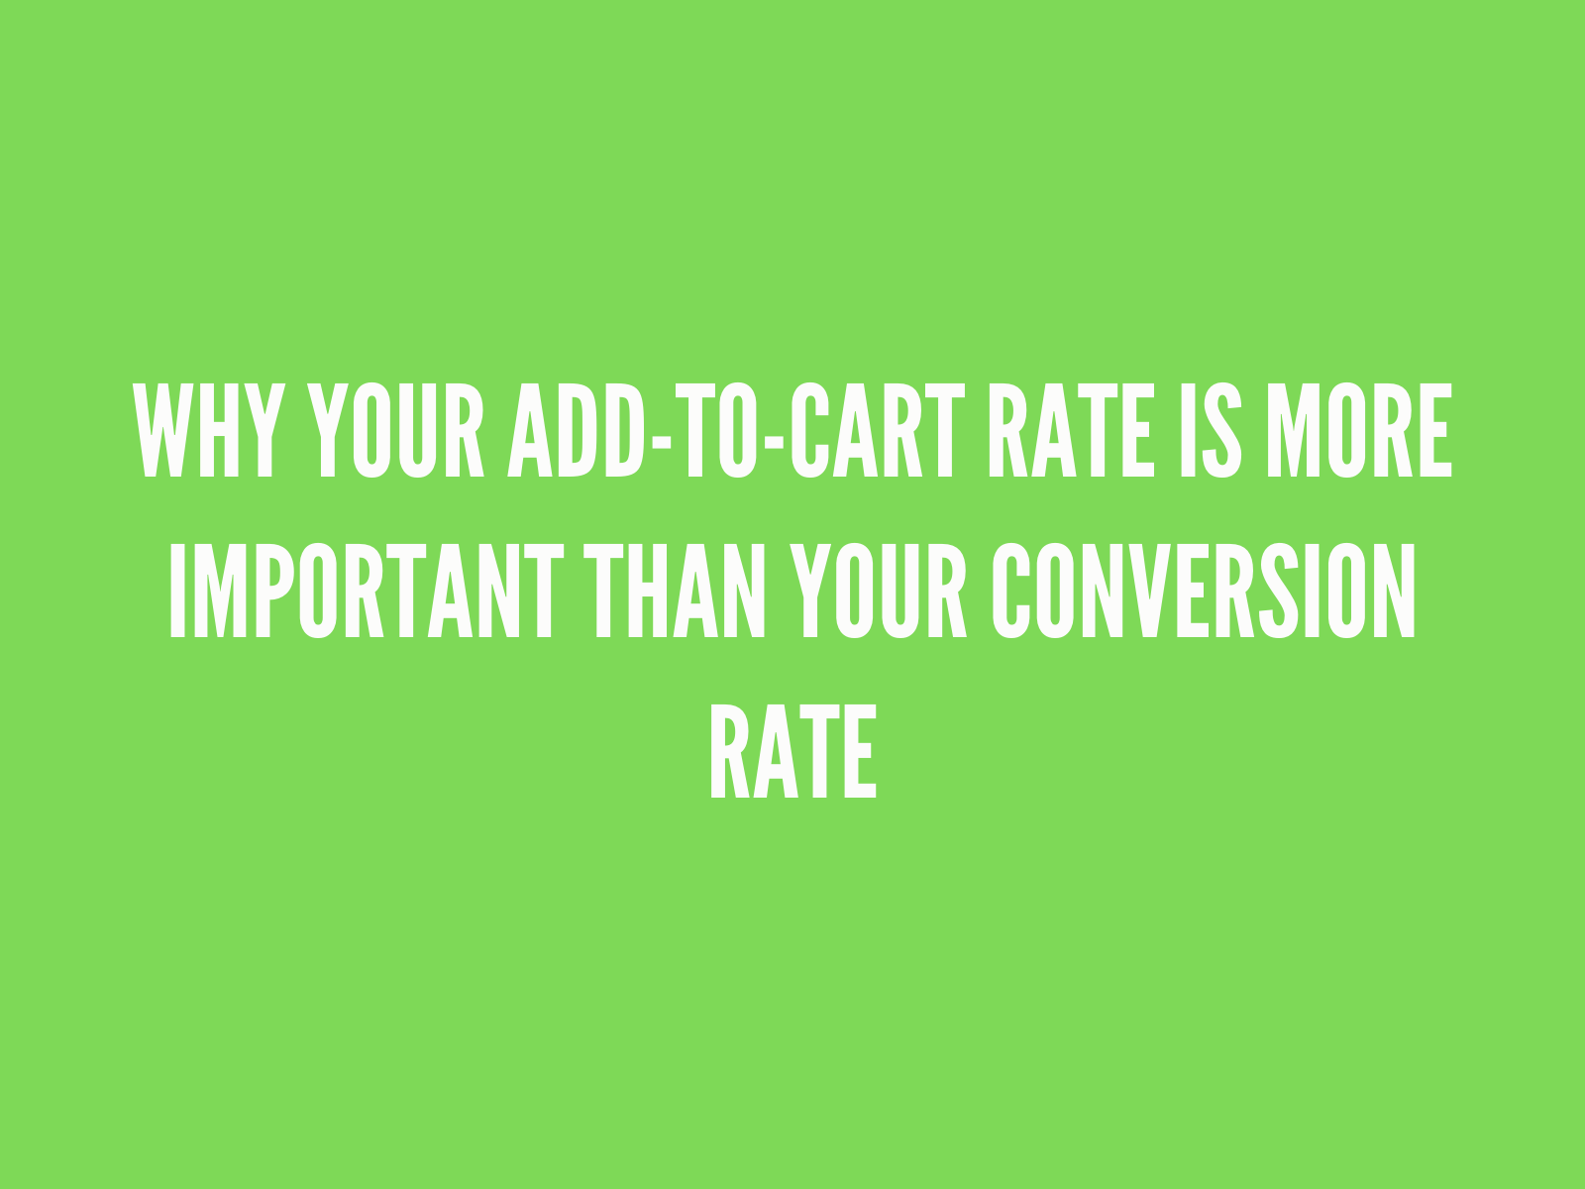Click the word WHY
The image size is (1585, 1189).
(208, 430)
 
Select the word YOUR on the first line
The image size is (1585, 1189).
(396, 430)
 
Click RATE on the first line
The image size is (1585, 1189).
(1069, 430)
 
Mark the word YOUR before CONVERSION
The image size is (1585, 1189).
(881, 592)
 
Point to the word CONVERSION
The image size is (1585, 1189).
(1205, 592)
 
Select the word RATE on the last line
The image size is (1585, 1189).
(792, 752)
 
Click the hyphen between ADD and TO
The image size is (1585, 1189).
(656, 436)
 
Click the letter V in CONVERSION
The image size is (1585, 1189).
(1148, 592)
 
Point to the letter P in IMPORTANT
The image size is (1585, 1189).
(257, 592)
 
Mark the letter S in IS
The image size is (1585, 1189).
(1223, 430)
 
